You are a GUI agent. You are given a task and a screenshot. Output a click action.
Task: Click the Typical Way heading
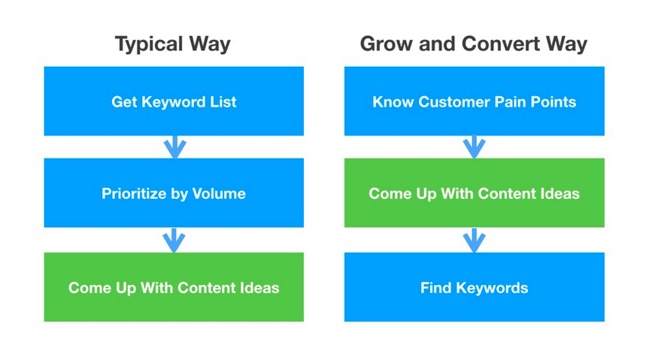(x=172, y=44)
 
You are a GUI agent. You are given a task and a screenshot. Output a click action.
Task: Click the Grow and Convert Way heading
(x=474, y=44)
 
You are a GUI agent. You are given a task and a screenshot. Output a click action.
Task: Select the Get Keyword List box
(x=174, y=101)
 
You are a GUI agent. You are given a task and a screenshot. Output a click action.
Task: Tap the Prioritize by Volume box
(x=174, y=192)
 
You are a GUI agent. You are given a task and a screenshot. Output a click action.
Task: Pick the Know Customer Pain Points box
(x=474, y=101)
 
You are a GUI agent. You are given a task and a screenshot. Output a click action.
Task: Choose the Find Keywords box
(x=474, y=287)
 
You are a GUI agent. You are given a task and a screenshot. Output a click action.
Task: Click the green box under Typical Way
(x=174, y=287)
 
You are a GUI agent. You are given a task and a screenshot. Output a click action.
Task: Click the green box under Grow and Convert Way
(x=474, y=192)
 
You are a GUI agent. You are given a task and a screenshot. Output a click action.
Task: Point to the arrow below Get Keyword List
(x=175, y=147)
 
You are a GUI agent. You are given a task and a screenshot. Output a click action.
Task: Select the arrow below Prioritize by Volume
(x=174, y=241)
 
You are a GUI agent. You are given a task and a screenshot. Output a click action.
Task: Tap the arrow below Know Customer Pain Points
(x=474, y=147)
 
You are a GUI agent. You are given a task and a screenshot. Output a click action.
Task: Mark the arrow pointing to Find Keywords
(x=474, y=241)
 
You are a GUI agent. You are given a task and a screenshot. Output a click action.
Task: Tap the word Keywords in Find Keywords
(x=492, y=288)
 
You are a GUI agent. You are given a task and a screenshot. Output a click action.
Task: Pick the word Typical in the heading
(x=149, y=44)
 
